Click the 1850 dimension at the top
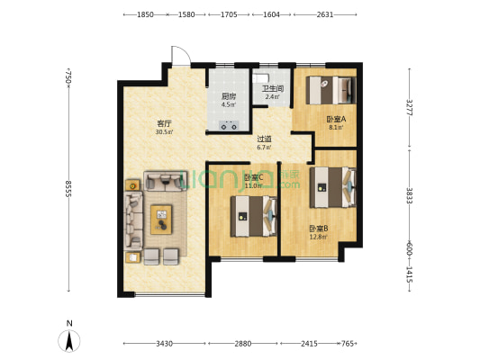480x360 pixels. click(x=145, y=14)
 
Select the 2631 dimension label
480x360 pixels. click(x=325, y=14)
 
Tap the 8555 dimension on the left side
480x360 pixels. click(x=68, y=189)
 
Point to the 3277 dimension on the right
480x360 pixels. click(x=410, y=107)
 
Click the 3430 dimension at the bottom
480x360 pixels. click(x=165, y=344)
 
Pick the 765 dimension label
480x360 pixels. click(x=348, y=344)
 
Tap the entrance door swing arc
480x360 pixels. click(x=181, y=55)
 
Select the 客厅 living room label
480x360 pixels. click(x=164, y=123)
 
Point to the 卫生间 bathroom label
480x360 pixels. click(x=273, y=89)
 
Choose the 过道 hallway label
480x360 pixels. click(x=264, y=139)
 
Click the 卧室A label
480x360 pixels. click(x=336, y=119)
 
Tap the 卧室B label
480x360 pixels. click(x=319, y=229)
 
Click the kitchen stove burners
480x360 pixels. click(x=229, y=125)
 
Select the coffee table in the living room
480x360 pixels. click(x=161, y=220)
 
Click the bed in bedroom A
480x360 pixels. click(x=331, y=91)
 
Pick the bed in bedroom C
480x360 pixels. click(x=253, y=217)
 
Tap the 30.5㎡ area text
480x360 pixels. click(x=164, y=132)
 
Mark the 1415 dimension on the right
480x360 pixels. click(x=410, y=274)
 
